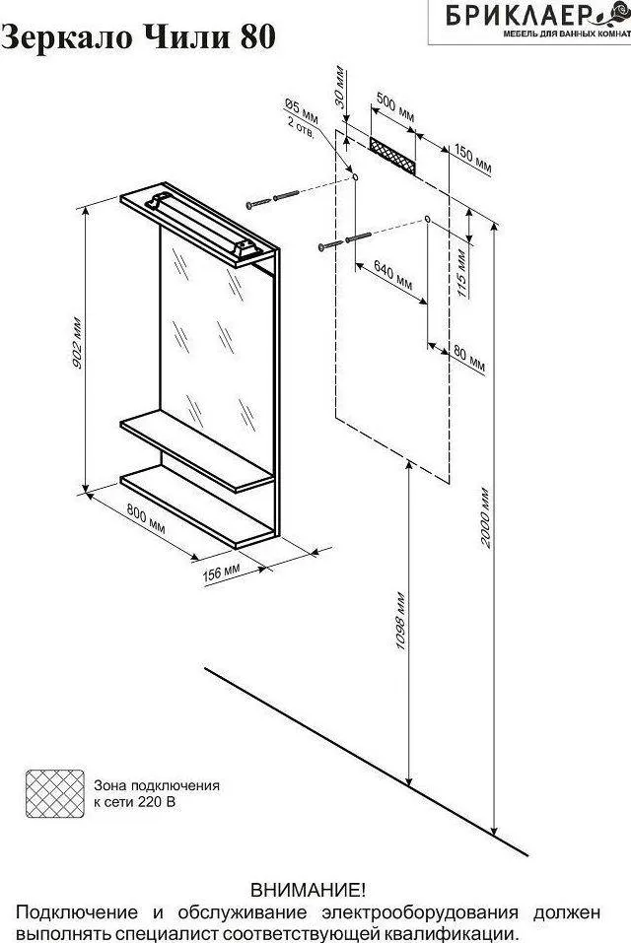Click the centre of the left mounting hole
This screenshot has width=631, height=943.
355,177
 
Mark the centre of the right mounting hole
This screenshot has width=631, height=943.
427,219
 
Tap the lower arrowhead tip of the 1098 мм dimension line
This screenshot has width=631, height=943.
409,786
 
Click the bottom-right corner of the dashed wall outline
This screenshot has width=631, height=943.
450,483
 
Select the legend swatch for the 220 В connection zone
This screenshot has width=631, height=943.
55,793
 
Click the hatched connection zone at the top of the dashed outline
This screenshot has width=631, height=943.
392,156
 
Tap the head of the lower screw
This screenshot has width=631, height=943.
321,246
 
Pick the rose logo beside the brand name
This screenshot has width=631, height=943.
620,14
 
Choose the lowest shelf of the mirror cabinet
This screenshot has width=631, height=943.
198,508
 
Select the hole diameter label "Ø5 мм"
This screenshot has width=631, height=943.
302,109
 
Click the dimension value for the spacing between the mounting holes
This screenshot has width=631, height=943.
394,274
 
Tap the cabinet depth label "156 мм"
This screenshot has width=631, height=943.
223,572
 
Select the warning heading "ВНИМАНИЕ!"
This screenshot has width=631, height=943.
308,890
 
